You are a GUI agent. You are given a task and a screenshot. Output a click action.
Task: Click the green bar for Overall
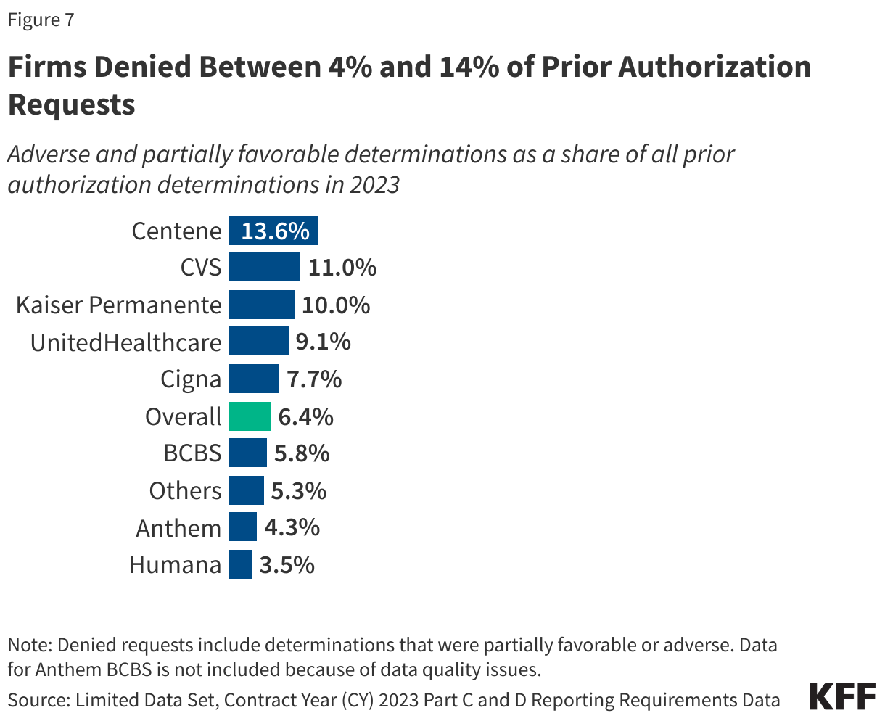(x=250, y=416)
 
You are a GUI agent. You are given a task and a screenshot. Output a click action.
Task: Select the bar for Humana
(x=241, y=564)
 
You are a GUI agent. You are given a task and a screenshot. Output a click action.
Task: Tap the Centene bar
(x=273, y=231)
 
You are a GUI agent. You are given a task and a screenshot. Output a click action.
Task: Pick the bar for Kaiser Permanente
(x=262, y=305)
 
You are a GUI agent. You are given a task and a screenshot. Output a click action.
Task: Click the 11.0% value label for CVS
(x=342, y=268)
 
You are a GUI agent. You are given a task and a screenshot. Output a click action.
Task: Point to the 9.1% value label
(x=323, y=342)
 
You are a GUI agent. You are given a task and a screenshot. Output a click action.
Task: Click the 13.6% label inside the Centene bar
(x=275, y=231)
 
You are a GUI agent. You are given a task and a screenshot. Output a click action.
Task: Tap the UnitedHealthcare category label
(x=125, y=342)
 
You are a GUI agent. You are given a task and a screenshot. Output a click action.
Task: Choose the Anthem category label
(x=178, y=527)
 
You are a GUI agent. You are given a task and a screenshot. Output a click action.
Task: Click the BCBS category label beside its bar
(x=192, y=453)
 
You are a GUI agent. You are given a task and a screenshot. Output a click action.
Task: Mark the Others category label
(x=185, y=490)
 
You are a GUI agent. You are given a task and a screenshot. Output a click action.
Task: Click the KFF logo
(x=842, y=697)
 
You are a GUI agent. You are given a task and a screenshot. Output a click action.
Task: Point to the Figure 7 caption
(x=41, y=20)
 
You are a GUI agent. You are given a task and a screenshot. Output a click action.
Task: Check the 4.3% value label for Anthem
(x=292, y=527)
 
